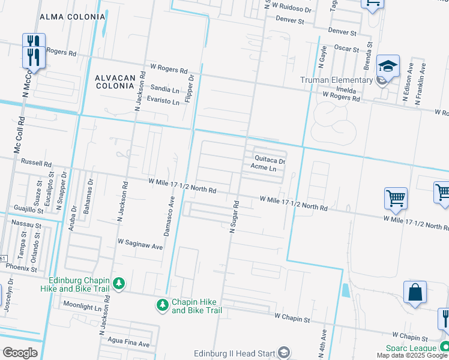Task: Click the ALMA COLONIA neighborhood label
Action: pyautogui.click(x=72, y=17)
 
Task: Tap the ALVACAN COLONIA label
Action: pyautogui.click(x=113, y=82)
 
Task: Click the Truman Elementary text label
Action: pyautogui.click(x=337, y=80)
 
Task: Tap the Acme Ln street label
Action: pyautogui.click(x=264, y=168)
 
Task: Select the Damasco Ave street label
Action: pyautogui.click(x=171, y=215)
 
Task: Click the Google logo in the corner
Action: pyautogui.click(x=20, y=353)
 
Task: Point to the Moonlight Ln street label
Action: pyautogui.click(x=82, y=307)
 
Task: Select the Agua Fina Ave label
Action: pyautogui.click(x=127, y=344)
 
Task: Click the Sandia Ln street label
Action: pyautogui.click(x=164, y=89)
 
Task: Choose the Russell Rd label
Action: pyautogui.click(x=36, y=163)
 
